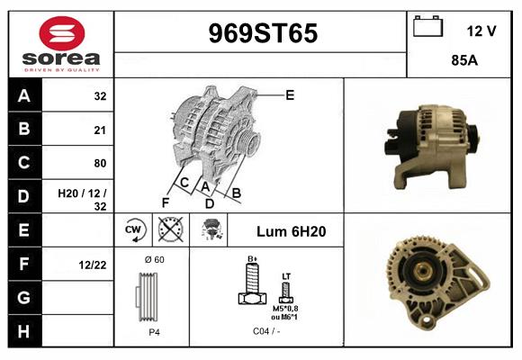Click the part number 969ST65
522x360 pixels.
coord(262,34)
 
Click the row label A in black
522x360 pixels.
coord(23,96)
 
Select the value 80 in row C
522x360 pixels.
coord(99,163)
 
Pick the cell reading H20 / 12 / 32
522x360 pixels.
coord(82,199)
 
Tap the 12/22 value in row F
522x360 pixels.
coord(94,265)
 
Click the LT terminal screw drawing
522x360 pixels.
coord(285,290)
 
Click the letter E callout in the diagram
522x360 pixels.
coord(290,94)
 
